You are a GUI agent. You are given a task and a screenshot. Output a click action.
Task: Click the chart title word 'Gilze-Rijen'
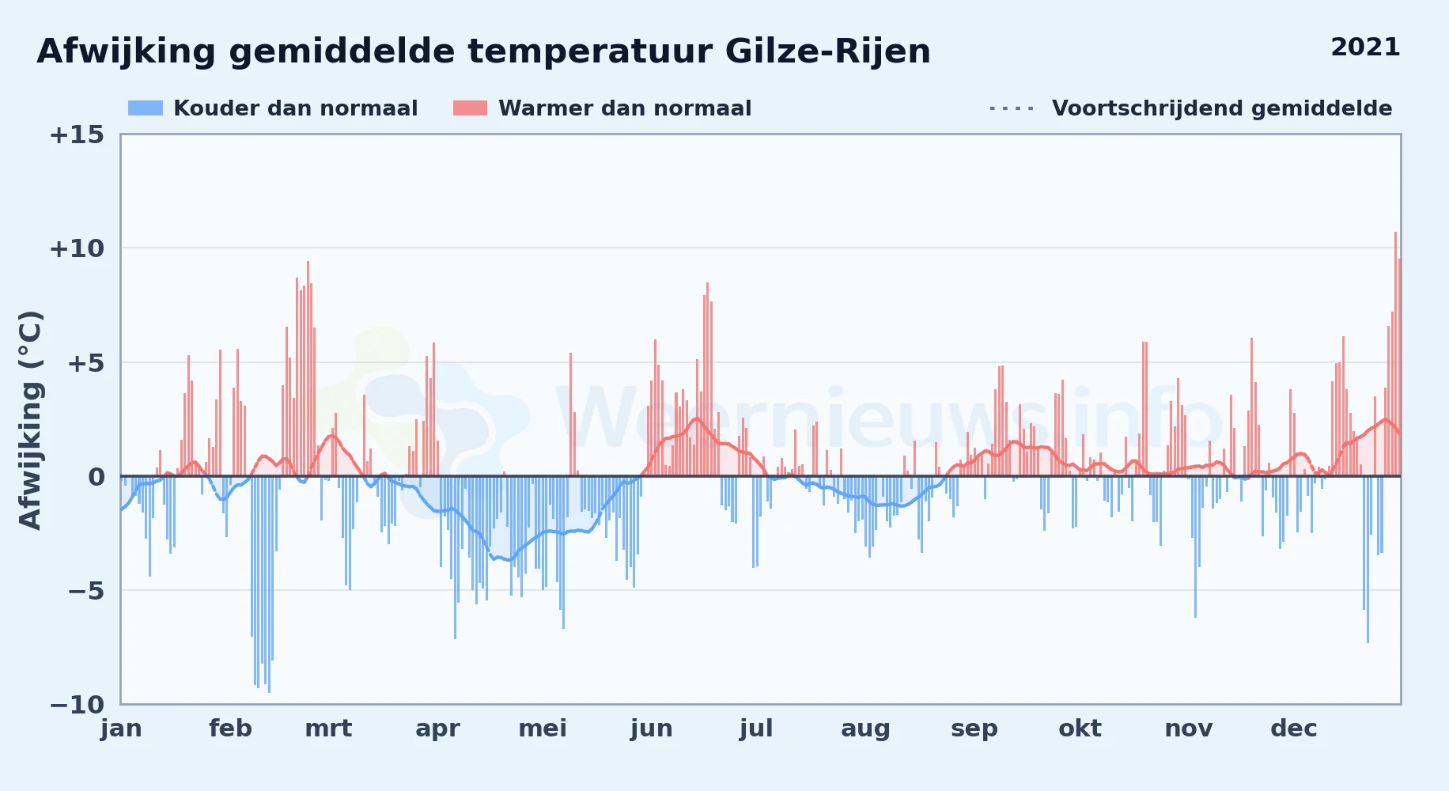pos(827,52)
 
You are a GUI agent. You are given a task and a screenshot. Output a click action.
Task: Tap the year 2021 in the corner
pos(1365,47)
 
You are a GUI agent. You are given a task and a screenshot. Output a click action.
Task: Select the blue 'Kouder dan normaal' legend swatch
pos(146,108)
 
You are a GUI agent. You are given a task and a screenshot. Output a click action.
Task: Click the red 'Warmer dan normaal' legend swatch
pos(470,108)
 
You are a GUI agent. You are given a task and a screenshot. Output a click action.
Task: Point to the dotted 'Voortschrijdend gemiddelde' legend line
pos(1012,108)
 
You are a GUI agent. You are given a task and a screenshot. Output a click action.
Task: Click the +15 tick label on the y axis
pos(77,135)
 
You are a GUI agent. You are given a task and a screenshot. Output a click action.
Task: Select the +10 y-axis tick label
pos(77,249)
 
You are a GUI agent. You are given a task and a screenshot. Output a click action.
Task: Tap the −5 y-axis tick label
pos(85,591)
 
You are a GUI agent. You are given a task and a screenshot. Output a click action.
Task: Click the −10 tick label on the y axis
pos(77,705)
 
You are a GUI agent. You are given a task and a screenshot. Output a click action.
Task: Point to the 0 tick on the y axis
pos(96,477)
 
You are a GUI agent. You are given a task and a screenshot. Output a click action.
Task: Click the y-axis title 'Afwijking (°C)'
pos(30,420)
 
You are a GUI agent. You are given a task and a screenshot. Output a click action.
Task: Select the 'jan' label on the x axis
pos(121,729)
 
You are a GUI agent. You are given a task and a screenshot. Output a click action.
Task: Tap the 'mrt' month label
pos(328,729)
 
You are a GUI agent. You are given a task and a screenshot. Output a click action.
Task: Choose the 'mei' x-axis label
pos(543,729)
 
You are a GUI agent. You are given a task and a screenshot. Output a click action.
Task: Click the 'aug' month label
pos(865,729)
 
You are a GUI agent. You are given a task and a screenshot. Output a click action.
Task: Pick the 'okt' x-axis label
pos(1080,729)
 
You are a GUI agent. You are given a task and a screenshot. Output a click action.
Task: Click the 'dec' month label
pos(1294,729)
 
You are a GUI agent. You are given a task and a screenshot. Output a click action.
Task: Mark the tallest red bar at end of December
pos(1395,354)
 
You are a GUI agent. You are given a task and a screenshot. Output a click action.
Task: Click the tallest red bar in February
pos(308,369)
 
